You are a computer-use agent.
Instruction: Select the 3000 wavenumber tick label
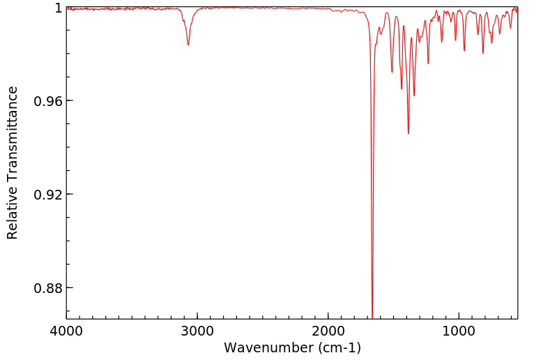click(x=197, y=331)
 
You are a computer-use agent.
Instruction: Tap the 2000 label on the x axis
click(x=328, y=331)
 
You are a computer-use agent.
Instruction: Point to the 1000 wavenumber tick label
click(x=459, y=331)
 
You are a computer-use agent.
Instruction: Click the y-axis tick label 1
click(x=58, y=8)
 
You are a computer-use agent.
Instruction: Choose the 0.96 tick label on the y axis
click(x=49, y=101)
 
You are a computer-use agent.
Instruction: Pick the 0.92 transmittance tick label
click(x=49, y=195)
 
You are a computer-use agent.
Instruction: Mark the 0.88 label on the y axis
click(x=49, y=288)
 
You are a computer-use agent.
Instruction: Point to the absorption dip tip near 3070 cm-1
click(x=188, y=45)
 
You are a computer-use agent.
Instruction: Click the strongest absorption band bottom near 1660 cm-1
click(x=372, y=317)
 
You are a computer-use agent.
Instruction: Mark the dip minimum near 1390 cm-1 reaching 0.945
click(x=409, y=133)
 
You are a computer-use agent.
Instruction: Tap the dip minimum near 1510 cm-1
click(x=392, y=72)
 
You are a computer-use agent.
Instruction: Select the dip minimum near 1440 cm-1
click(x=402, y=89)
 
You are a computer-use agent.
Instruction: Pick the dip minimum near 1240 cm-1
click(x=428, y=63)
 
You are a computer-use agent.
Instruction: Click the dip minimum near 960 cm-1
click(x=464, y=50)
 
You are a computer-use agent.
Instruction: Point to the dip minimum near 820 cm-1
click(x=483, y=53)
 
